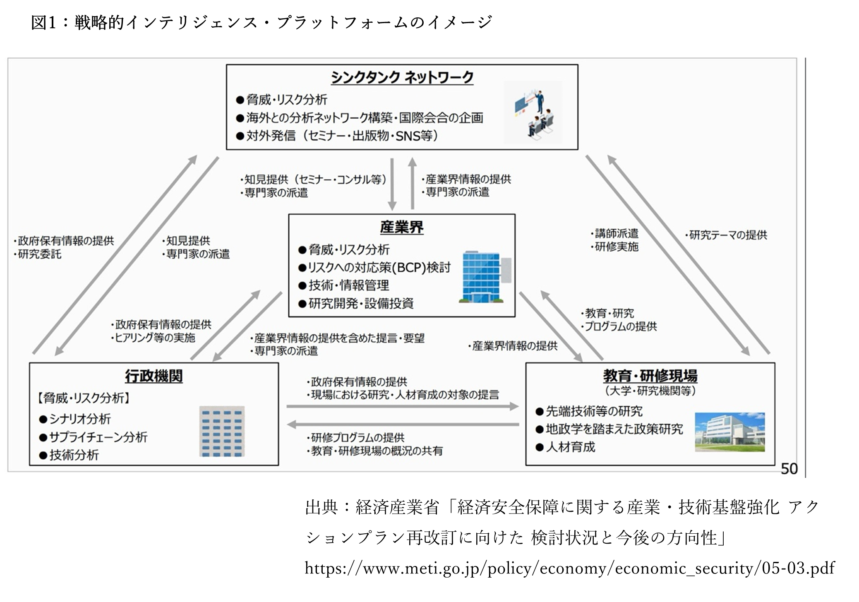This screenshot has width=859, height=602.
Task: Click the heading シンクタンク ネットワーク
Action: click(402, 77)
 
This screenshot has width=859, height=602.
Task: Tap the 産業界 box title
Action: click(401, 227)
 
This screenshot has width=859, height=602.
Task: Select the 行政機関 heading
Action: click(154, 376)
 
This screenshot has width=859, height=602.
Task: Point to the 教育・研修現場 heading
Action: click(650, 376)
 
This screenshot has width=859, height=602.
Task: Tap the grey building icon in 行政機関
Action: click(222, 431)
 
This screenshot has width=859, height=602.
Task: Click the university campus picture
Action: click(729, 432)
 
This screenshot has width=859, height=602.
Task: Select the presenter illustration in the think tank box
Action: click(533, 112)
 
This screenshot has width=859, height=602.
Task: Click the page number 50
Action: click(789, 469)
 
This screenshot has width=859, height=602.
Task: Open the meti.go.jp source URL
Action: click(570, 568)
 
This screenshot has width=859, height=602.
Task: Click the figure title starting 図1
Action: click(262, 23)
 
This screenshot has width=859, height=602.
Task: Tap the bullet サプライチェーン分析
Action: click(98, 437)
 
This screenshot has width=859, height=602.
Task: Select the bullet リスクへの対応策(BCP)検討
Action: click(379, 268)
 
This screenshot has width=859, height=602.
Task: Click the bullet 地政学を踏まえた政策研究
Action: click(614, 429)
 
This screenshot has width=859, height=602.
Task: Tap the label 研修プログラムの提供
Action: click(357, 438)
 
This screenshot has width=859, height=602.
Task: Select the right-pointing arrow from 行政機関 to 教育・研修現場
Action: click(402, 407)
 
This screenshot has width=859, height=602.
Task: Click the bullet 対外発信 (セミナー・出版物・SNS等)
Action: click(342, 136)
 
